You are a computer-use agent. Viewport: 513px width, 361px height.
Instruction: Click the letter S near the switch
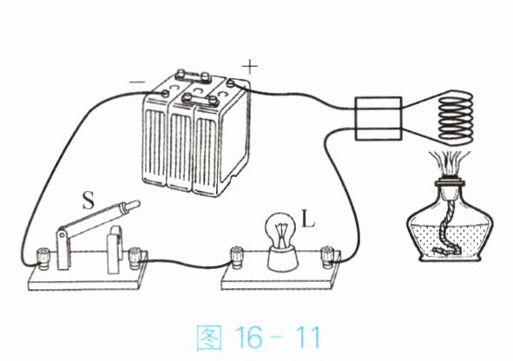(89, 200)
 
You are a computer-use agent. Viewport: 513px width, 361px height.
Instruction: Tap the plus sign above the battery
(250, 67)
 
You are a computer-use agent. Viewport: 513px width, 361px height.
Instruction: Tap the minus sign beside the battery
(137, 82)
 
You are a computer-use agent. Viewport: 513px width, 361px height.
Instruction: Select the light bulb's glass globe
(281, 230)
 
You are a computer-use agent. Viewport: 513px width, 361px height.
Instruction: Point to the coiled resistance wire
(456, 117)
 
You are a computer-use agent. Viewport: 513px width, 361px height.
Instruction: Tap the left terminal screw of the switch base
(43, 259)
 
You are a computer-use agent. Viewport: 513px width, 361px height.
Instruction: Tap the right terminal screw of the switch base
(135, 258)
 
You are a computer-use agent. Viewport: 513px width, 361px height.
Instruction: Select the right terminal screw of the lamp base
(328, 258)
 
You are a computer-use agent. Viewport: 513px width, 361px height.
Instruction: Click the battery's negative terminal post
(165, 94)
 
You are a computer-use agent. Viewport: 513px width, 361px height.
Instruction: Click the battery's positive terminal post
(230, 83)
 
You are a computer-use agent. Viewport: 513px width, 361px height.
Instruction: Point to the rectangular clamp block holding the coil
(378, 118)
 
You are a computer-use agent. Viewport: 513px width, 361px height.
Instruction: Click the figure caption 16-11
(259, 338)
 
